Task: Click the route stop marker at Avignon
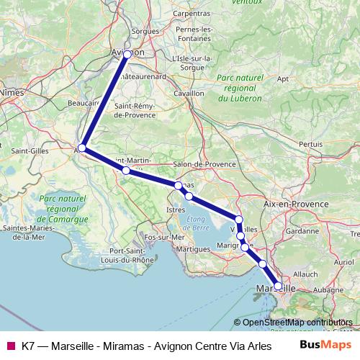[127, 54]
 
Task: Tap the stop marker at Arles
[82, 148]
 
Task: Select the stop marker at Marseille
[278, 286]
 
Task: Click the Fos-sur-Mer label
[165, 236]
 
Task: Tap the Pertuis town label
[310, 144]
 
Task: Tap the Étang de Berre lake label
[197, 223]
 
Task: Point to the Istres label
[176, 209]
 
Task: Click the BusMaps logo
[324, 344]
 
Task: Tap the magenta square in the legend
[9, 345]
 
